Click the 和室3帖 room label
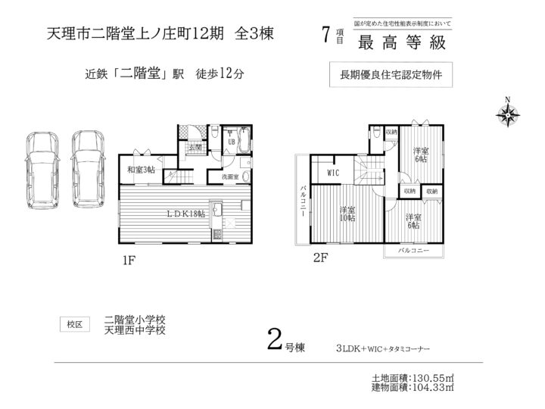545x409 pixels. pyautogui.click(x=141, y=169)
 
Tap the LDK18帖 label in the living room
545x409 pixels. pyautogui.click(x=186, y=214)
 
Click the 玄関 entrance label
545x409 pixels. pyautogui.click(x=195, y=148)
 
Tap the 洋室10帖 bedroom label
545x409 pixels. pyautogui.click(x=347, y=214)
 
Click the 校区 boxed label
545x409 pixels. pyautogui.click(x=75, y=324)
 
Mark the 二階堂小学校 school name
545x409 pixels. pyautogui.click(x=135, y=320)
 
